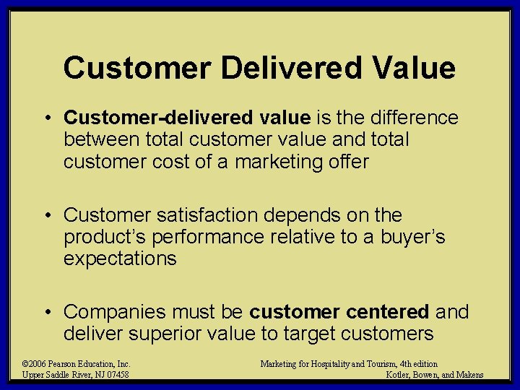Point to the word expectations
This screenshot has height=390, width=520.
pos(120,259)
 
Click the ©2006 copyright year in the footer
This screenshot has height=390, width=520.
pos(34,364)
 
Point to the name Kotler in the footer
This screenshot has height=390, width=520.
pos(401,375)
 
